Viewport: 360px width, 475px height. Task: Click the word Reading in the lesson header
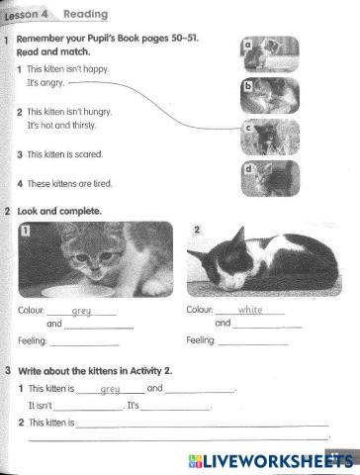[86, 14]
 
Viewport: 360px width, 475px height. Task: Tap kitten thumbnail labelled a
[270, 54]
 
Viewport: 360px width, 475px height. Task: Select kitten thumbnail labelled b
[270, 96]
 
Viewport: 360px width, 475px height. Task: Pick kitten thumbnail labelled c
[270, 138]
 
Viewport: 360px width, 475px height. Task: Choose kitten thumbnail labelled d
[270, 178]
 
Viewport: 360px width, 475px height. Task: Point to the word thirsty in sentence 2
[84, 126]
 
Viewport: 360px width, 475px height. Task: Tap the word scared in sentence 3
[89, 154]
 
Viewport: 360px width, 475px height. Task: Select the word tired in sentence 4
[103, 183]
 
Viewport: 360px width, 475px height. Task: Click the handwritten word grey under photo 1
[81, 311]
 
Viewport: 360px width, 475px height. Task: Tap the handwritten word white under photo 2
[250, 310]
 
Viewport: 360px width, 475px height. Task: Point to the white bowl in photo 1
[78, 291]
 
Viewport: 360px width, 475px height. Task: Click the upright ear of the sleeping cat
[239, 237]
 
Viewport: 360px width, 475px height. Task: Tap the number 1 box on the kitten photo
[26, 231]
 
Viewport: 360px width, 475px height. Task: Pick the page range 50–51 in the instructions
[184, 38]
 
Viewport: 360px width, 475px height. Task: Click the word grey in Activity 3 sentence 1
[110, 389]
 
